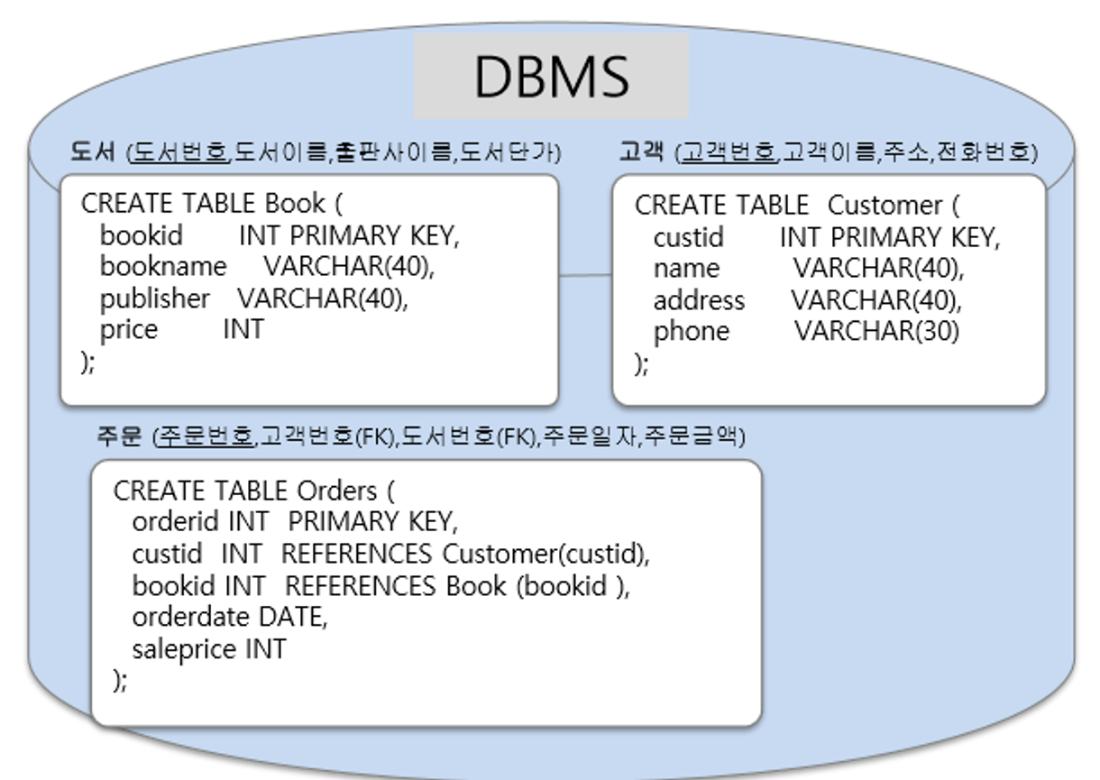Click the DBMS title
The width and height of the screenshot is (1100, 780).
[x=551, y=77]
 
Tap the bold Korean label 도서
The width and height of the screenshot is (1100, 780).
[x=93, y=152]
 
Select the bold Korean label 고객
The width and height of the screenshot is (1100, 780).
[x=641, y=152]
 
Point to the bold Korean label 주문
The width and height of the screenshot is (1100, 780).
[x=119, y=437]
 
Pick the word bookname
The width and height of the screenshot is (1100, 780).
[x=163, y=267]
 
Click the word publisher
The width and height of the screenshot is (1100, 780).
[x=154, y=298]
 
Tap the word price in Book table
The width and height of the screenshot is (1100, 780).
[x=128, y=329]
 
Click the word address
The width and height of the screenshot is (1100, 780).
[x=699, y=299]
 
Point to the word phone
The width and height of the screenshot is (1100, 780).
[x=691, y=331]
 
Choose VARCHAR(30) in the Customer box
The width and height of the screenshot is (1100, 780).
[x=876, y=331]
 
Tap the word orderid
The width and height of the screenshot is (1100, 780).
[x=177, y=521]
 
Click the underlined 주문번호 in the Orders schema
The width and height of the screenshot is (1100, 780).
[x=205, y=437]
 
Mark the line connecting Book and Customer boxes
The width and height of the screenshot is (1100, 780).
[x=585, y=274]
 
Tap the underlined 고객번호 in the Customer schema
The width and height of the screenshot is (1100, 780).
[x=728, y=152]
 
